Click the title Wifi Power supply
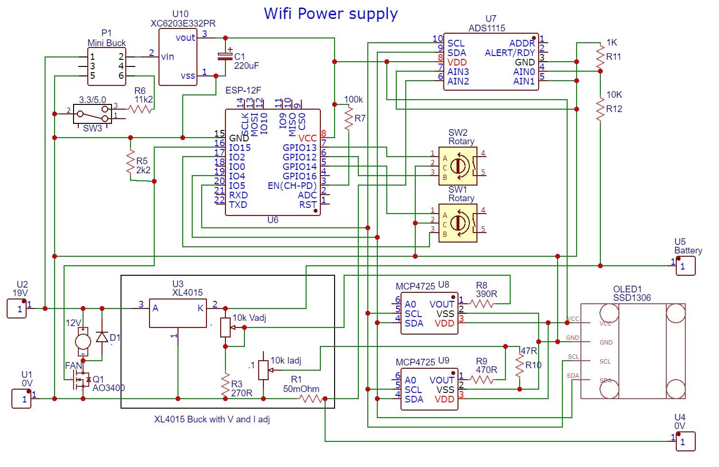coord(330,13)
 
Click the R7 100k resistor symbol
coord(349,119)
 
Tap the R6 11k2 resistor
coord(141,109)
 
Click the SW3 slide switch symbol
coord(93,114)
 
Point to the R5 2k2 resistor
coord(130,162)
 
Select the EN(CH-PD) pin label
coord(292,186)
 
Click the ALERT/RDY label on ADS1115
coord(510,53)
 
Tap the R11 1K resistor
coord(600,56)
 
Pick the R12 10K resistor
coord(600,109)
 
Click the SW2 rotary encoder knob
coord(458,166)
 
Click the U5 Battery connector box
coord(686,266)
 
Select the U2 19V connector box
coord(17,308)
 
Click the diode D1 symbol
coord(102,337)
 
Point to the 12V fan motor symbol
coord(83,341)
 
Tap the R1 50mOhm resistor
coord(311,399)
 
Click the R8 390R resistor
coord(482,304)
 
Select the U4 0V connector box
coord(686,441)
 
